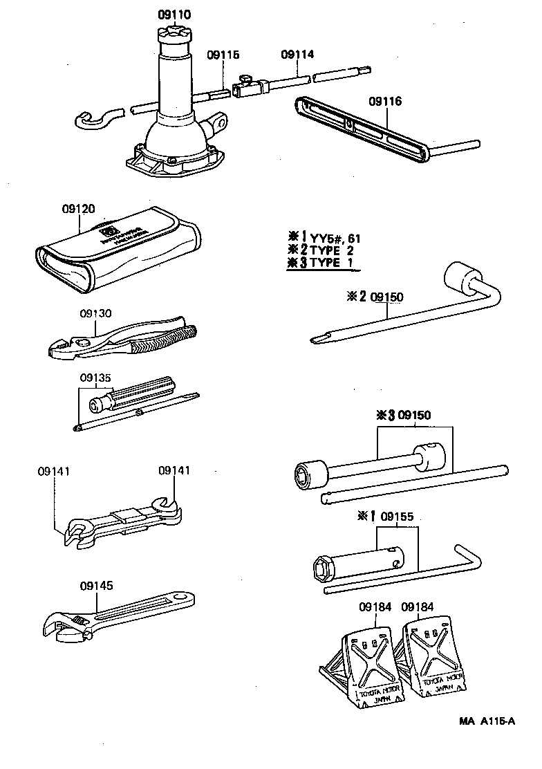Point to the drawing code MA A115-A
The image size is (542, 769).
[x=487, y=721]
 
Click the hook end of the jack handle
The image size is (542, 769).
[x=90, y=120]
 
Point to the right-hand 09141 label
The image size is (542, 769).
[x=174, y=470]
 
